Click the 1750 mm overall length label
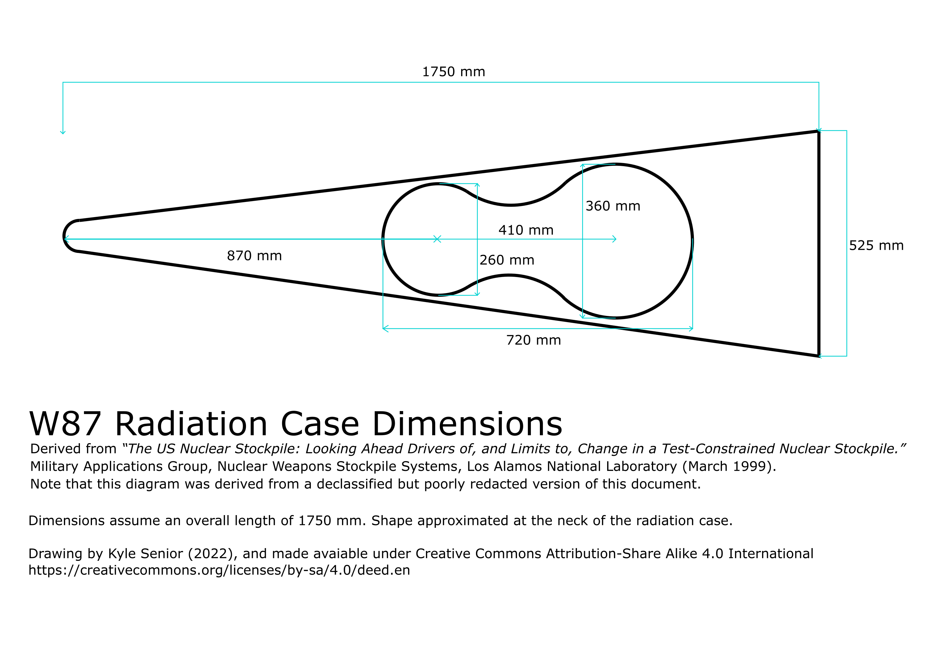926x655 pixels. (x=453, y=72)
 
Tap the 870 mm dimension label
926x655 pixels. (x=254, y=256)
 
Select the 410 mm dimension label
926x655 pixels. (x=526, y=230)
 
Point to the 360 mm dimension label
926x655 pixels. (x=613, y=206)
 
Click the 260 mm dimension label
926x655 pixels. (x=507, y=260)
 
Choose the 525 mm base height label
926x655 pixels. (x=876, y=246)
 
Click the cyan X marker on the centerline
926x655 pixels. (x=437, y=239)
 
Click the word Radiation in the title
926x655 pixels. (x=191, y=425)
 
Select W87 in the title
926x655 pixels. (x=65, y=425)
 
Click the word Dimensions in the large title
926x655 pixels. (x=467, y=425)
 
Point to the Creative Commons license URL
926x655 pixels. (x=219, y=570)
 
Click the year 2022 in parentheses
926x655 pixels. (x=213, y=554)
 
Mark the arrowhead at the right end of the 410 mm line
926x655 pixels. (x=615, y=239)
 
